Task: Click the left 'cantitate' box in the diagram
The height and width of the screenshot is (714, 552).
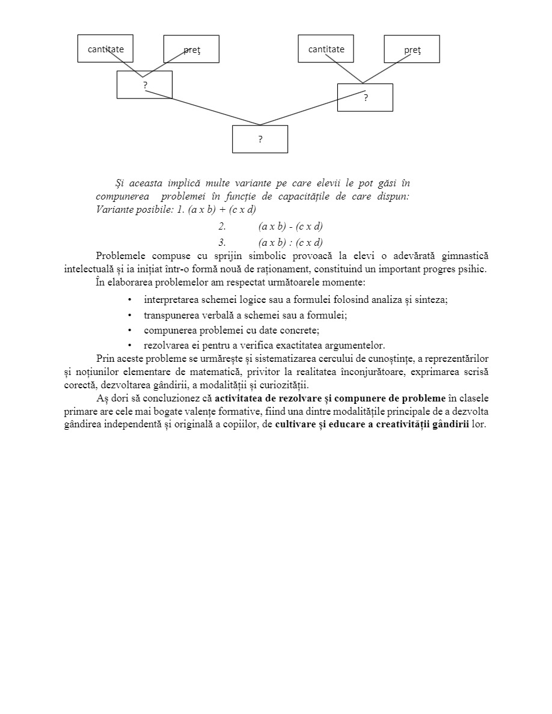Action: pos(105,49)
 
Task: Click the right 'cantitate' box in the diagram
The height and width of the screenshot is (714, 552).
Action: pos(326,49)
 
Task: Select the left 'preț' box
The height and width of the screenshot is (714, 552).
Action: pos(191,49)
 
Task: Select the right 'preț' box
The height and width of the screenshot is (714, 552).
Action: pos(412,49)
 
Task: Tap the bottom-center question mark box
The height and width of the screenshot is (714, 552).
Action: pos(260,139)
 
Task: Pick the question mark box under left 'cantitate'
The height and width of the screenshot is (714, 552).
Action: pos(144,85)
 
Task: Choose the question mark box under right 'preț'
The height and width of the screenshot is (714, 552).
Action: pos(365,97)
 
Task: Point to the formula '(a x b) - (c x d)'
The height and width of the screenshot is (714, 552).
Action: pos(290,227)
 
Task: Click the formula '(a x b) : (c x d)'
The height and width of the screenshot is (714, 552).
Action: pos(290,243)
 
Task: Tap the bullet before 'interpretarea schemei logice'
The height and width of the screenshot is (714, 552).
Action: pos(130,299)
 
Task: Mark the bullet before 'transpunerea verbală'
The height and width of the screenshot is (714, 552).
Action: pos(130,315)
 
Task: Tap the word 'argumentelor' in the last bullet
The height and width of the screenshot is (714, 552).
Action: pos(357,345)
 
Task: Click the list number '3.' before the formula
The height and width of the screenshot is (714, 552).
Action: pos(222,243)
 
